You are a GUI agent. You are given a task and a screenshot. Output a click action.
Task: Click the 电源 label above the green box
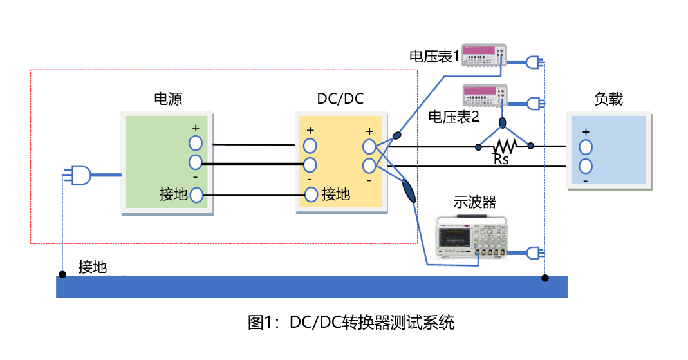pos(168,99)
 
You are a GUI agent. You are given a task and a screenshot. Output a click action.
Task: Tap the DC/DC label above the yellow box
pos(340,99)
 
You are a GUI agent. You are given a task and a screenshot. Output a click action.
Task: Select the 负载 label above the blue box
pos(608,99)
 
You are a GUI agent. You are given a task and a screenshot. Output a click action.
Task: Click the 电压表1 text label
pos(434,57)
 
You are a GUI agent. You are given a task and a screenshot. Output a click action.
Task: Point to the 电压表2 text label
pos(454,117)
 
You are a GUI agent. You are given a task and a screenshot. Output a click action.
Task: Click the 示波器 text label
pos(475,202)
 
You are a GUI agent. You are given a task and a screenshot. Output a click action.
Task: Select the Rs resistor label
pos(501,159)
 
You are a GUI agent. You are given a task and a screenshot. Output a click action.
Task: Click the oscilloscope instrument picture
pos(472,237)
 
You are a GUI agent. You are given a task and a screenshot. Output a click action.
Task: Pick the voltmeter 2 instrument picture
pos(485,95)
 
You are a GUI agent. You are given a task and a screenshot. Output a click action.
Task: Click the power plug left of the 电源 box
pos(78,174)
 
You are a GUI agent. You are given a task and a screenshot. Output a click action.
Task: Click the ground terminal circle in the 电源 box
pos(196,194)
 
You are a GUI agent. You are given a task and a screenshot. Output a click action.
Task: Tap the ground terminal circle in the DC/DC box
pos(311,194)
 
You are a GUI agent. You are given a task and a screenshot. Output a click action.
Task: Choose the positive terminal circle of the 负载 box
pos(585,147)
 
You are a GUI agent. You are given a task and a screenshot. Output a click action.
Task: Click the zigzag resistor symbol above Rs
pos(505,146)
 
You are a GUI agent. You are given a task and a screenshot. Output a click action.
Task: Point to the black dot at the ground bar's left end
pos(62,275)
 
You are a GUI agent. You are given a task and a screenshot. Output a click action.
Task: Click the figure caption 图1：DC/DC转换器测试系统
pos(351,322)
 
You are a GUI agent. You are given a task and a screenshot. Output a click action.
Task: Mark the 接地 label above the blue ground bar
pos(93,267)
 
